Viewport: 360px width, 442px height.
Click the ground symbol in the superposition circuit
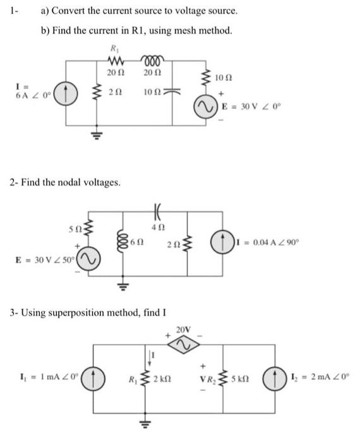point(151,421)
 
